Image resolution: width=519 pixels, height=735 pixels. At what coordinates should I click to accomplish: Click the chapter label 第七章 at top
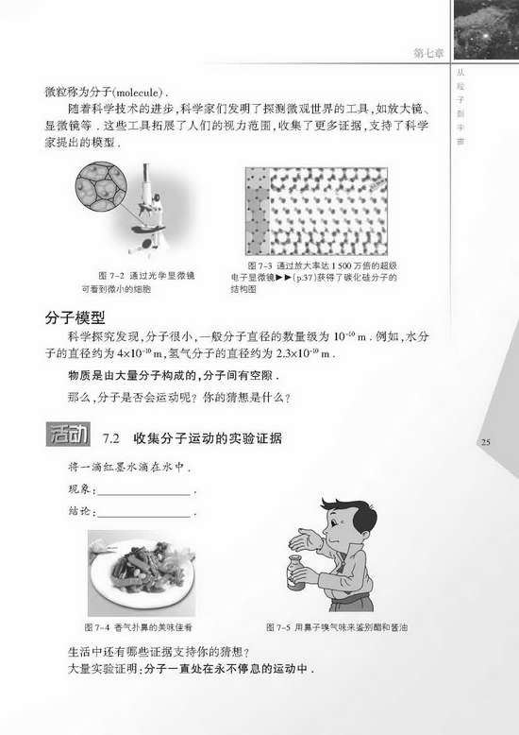[x=435, y=54]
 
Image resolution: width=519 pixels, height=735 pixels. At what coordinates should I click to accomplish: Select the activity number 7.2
[x=111, y=438]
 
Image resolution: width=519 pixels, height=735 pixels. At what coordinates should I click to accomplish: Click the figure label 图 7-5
[x=281, y=626]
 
